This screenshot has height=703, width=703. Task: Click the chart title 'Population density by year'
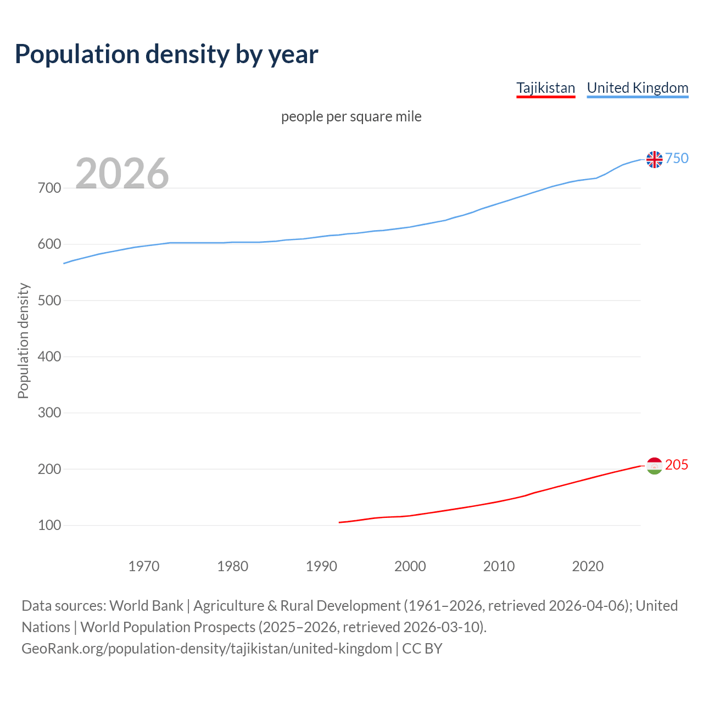166,54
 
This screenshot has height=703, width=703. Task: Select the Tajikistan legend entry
545,88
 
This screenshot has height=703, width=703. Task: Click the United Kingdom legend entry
637,88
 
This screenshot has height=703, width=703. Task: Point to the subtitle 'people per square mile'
351,117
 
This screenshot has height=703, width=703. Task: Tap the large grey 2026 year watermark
122,174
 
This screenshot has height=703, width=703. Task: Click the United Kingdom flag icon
654,159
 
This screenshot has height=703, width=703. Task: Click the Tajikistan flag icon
654,466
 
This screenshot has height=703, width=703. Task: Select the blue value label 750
677,159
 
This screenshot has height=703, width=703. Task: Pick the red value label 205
677,465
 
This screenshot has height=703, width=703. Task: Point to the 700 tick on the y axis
49,188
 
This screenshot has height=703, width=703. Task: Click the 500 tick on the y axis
49,300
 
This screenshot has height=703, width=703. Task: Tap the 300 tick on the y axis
49,413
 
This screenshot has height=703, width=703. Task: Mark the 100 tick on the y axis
49,526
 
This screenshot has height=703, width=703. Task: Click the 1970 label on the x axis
144,566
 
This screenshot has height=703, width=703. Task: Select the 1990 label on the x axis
321,566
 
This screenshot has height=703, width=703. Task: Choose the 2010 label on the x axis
499,566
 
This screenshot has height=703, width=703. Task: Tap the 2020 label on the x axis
588,566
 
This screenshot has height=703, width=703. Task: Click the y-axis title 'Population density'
23,341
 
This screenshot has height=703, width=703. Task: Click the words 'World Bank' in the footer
146,606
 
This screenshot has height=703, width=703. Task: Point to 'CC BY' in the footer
422,649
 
